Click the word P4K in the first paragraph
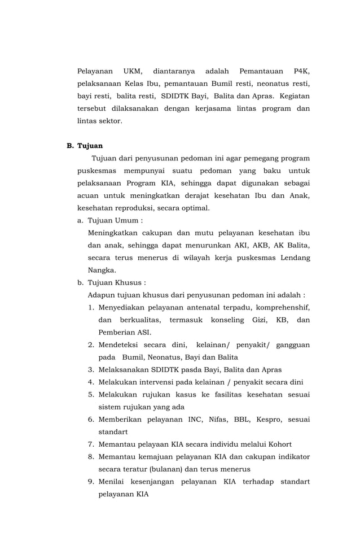click(301, 72)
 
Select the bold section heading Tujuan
click(90, 146)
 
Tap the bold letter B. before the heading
click(70, 146)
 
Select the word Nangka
click(102, 270)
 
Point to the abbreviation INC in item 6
click(195, 419)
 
